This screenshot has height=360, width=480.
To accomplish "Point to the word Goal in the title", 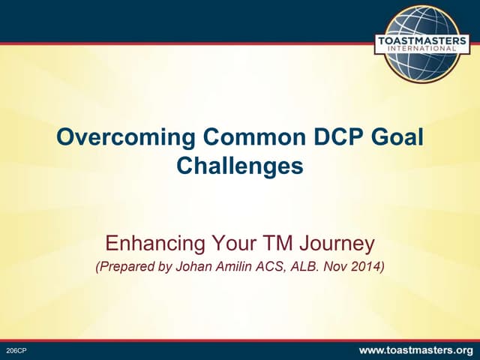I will click(x=394, y=139).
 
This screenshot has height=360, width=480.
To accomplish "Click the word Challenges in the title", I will click(x=240, y=166).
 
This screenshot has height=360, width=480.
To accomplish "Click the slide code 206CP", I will click(x=16, y=351).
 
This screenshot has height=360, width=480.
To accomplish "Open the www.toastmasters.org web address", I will click(x=416, y=350).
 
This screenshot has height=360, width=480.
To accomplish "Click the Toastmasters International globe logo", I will click(x=426, y=43).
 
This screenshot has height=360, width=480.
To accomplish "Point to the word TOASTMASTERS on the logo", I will click(x=426, y=40).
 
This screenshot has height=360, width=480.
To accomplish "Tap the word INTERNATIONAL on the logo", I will click(x=426, y=50).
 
